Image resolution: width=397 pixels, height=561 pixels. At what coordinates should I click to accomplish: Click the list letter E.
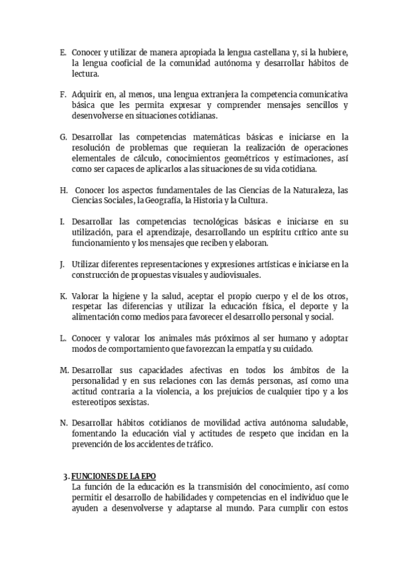[62, 52]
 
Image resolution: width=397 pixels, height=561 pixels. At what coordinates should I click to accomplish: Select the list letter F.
[62, 95]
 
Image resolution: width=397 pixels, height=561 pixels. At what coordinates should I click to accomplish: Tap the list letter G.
[63, 137]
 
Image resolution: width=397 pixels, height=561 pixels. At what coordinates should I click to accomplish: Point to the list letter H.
[63, 190]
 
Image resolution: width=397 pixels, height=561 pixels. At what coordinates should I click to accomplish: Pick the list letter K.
[62, 296]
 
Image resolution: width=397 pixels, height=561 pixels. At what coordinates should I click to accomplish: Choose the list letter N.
[63, 423]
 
